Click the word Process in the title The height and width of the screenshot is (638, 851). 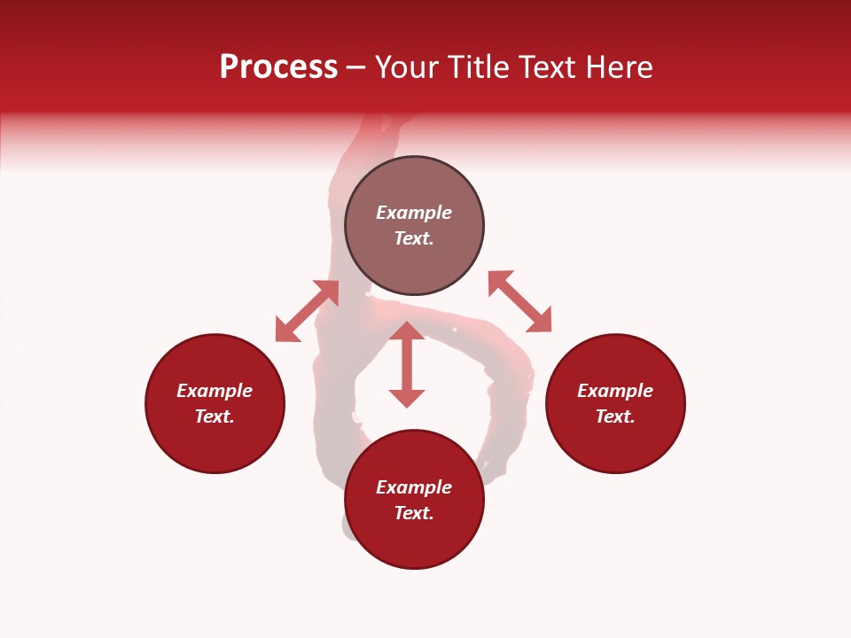(278, 67)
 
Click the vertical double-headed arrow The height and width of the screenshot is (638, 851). (407, 364)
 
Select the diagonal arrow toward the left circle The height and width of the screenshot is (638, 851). (307, 311)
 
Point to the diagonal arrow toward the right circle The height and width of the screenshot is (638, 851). (519, 301)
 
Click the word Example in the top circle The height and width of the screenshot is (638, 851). (414, 213)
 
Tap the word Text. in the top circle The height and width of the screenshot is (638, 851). (414, 238)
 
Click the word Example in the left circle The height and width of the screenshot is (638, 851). (215, 391)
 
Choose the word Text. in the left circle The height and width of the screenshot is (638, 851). (215, 416)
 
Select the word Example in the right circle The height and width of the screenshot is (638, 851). (615, 391)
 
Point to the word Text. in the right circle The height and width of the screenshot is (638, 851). (615, 416)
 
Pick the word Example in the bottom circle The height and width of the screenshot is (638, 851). (414, 487)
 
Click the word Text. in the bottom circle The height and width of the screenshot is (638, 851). (414, 513)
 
